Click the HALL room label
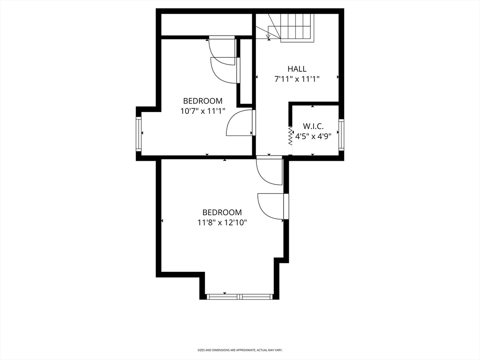[x=297, y=69]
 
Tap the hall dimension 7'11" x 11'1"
[x=297, y=79]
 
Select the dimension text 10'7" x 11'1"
[x=202, y=111]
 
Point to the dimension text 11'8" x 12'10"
[x=222, y=223]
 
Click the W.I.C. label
[x=313, y=126]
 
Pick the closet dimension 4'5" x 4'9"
[x=313, y=137]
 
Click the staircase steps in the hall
[x=297, y=27]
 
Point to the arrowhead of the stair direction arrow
[x=268, y=36]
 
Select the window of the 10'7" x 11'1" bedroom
[x=139, y=134]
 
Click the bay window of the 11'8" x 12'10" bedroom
[x=240, y=296]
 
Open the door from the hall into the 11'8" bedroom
[x=270, y=171]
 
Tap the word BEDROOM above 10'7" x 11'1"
[x=202, y=101]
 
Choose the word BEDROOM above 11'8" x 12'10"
[x=222, y=212]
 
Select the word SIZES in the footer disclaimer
[x=201, y=350]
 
